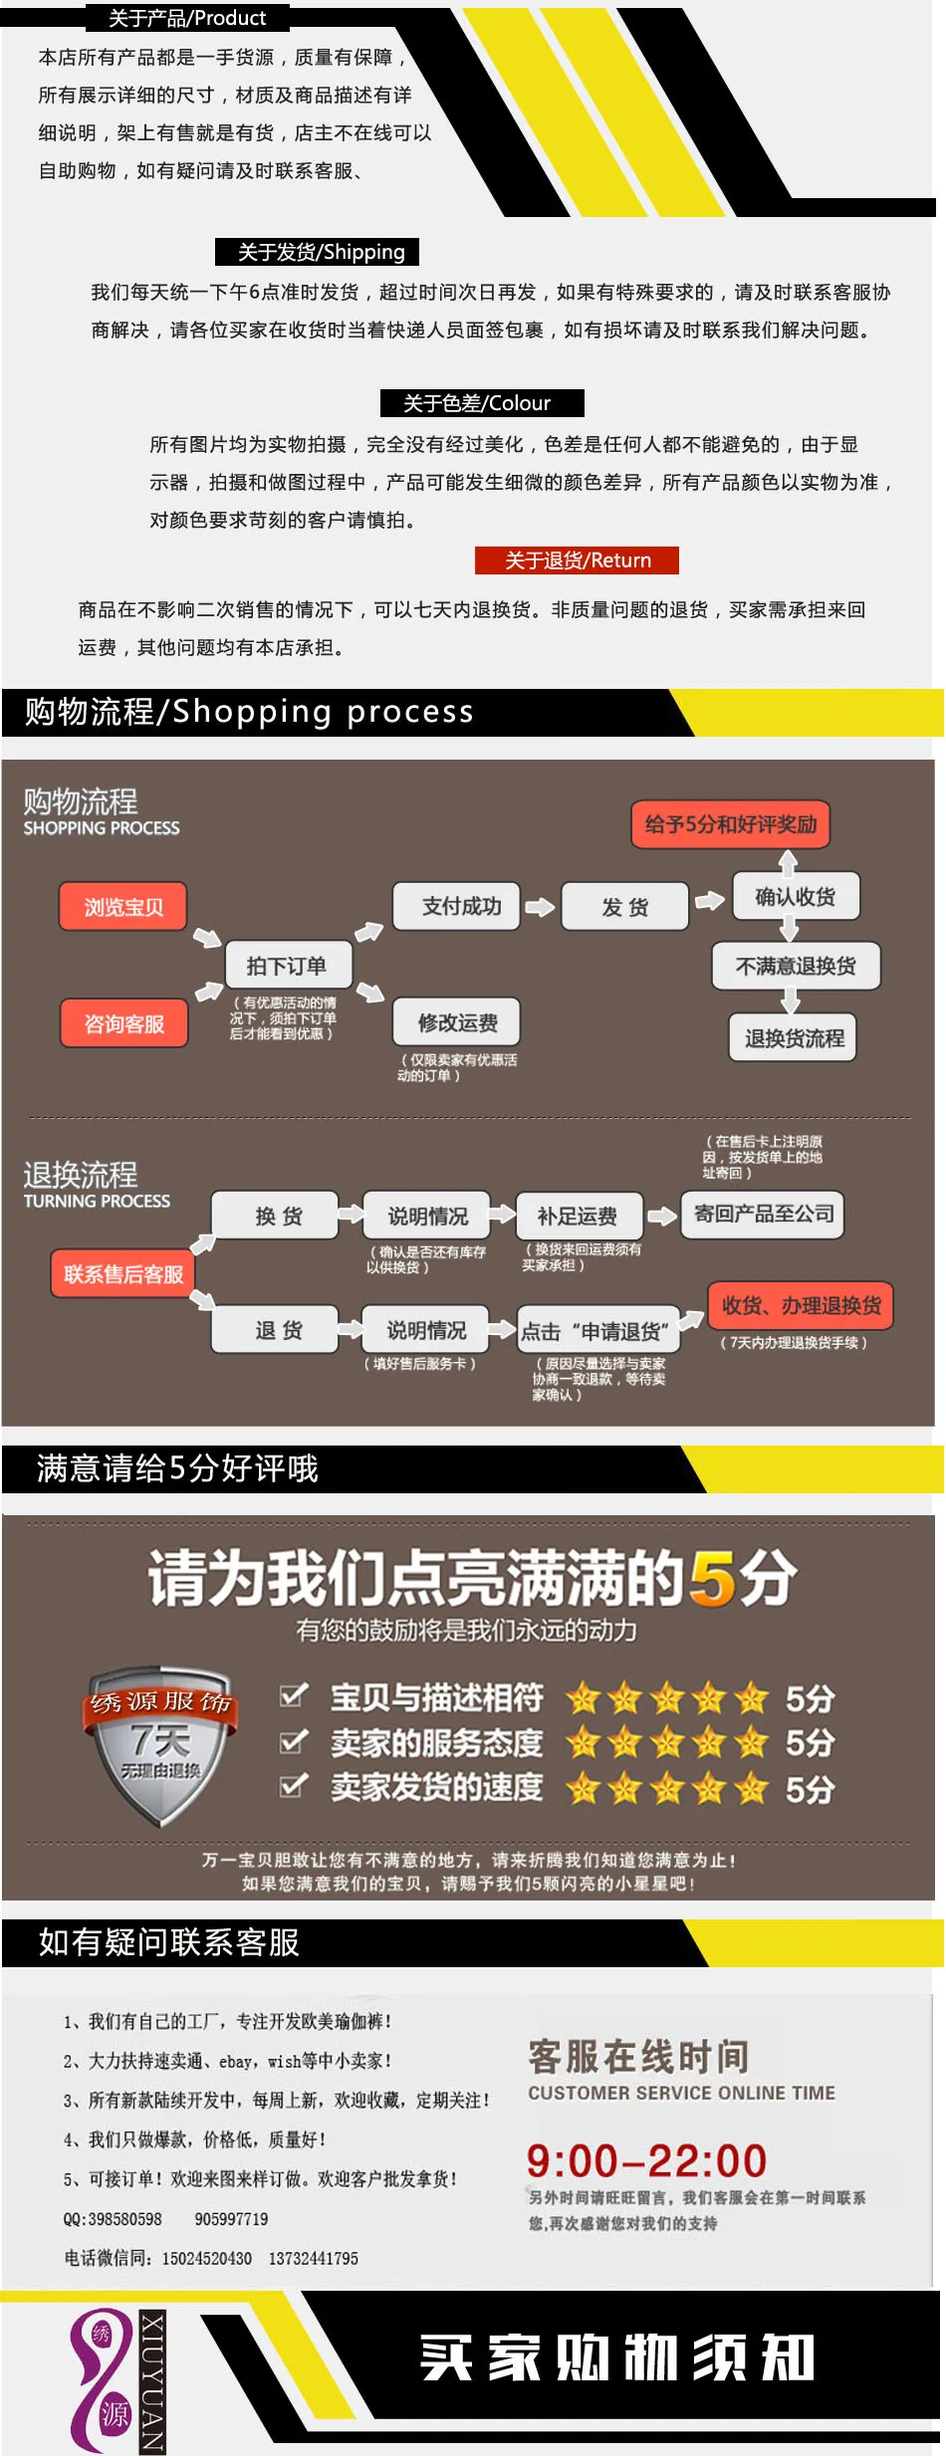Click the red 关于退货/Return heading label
(577, 560)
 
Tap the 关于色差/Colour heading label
(482, 403)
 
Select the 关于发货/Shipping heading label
(317, 252)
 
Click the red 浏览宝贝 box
(123, 907)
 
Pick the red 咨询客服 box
(123, 1023)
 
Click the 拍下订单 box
(287, 966)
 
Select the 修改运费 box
(457, 1022)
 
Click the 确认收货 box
(796, 896)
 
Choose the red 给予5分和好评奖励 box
(731, 824)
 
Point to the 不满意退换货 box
(797, 966)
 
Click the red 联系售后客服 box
(123, 1274)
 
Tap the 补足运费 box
(579, 1216)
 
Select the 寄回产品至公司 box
(763, 1215)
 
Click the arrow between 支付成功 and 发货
(540, 907)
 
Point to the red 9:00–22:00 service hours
(646, 2160)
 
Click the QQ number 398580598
(124, 2219)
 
